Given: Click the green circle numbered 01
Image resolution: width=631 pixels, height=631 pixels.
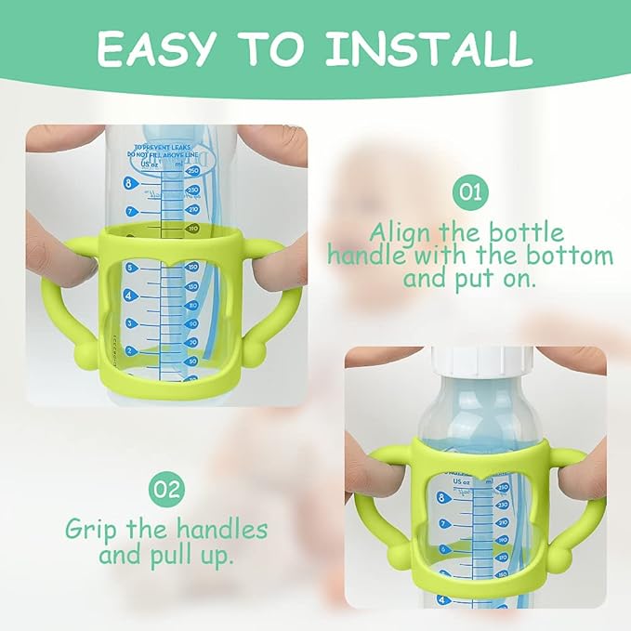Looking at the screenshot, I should pyautogui.click(x=471, y=192).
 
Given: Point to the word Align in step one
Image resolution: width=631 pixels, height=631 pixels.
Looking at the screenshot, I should pyautogui.click(x=401, y=230).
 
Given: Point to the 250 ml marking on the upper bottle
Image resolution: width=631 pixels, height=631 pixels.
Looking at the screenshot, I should pyautogui.click(x=193, y=171).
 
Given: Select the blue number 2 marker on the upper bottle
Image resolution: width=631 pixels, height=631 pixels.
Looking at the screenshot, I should pyautogui.click(x=131, y=350).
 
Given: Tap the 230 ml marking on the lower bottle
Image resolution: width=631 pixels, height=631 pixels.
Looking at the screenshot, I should pyautogui.click(x=504, y=506).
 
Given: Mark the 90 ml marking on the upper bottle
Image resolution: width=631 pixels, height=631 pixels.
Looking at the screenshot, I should pyautogui.click(x=192, y=323).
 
